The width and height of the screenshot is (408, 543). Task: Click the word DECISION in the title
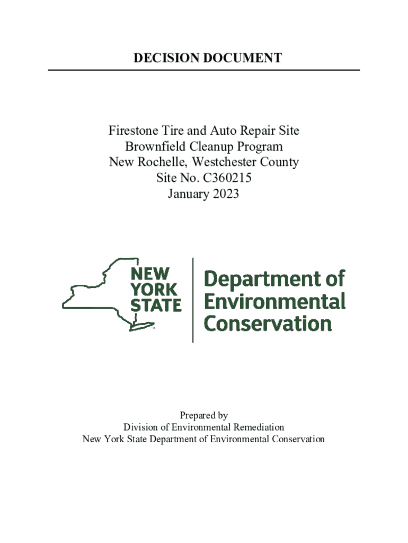click(x=159, y=58)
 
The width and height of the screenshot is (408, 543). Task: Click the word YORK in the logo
click(x=154, y=290)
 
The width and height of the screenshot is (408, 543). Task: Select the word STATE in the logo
click(x=156, y=305)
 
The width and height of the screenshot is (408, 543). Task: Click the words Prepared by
click(x=204, y=416)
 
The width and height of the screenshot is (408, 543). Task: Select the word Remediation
click(x=258, y=427)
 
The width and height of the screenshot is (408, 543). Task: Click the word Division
click(x=141, y=427)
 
